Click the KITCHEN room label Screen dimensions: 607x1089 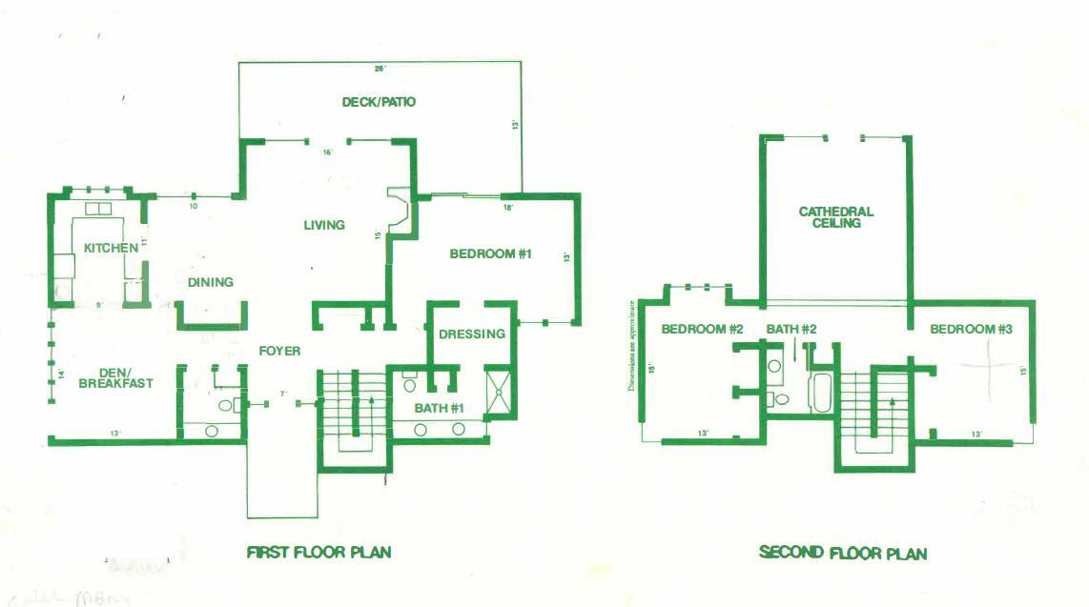click(x=111, y=248)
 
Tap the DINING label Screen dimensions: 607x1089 click(x=211, y=282)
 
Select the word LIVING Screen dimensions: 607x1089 click(x=324, y=225)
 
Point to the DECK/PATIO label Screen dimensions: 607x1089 click(x=379, y=102)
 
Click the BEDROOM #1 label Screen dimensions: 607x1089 click(x=490, y=254)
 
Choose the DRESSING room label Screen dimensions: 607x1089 click(x=472, y=334)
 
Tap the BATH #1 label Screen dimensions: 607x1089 click(x=439, y=409)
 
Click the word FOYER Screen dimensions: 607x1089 click(x=279, y=351)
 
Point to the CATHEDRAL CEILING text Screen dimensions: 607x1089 click(x=835, y=217)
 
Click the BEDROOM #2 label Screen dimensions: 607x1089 click(x=702, y=330)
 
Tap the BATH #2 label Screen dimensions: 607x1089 click(x=791, y=330)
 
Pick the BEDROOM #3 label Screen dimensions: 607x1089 click(x=971, y=330)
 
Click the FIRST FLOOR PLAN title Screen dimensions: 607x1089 click(x=318, y=552)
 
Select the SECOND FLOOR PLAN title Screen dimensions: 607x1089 click(x=843, y=553)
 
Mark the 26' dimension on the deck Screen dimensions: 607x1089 click(x=380, y=68)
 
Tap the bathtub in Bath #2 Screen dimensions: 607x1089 click(x=820, y=393)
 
